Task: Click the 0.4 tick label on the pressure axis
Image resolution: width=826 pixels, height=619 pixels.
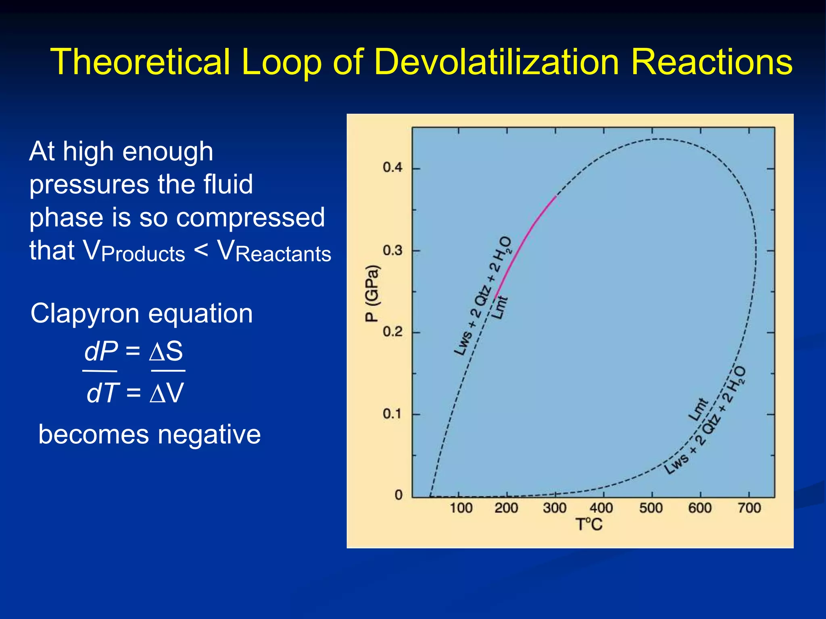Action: (392, 167)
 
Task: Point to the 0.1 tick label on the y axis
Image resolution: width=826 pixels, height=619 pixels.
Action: (392, 413)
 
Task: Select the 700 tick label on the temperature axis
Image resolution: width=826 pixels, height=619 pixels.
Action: (749, 508)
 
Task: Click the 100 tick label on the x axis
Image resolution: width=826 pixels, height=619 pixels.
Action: (461, 508)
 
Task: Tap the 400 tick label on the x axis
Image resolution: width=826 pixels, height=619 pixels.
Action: (601, 508)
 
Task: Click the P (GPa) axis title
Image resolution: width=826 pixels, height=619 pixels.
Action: (372, 293)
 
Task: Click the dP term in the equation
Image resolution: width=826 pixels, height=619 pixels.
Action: (101, 351)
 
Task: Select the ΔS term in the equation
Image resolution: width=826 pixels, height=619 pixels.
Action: (166, 351)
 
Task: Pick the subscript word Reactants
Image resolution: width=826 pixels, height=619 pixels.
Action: (283, 254)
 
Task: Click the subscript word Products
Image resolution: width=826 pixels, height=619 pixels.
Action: (143, 254)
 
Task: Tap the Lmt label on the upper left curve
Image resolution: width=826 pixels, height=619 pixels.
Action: (501, 307)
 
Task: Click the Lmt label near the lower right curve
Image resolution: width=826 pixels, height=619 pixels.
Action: (698, 410)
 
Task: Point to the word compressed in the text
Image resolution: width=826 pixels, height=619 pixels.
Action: (250, 218)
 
